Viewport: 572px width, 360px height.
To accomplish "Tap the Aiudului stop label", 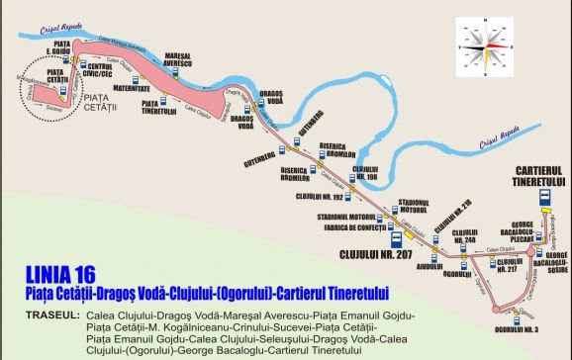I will click(429, 266).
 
